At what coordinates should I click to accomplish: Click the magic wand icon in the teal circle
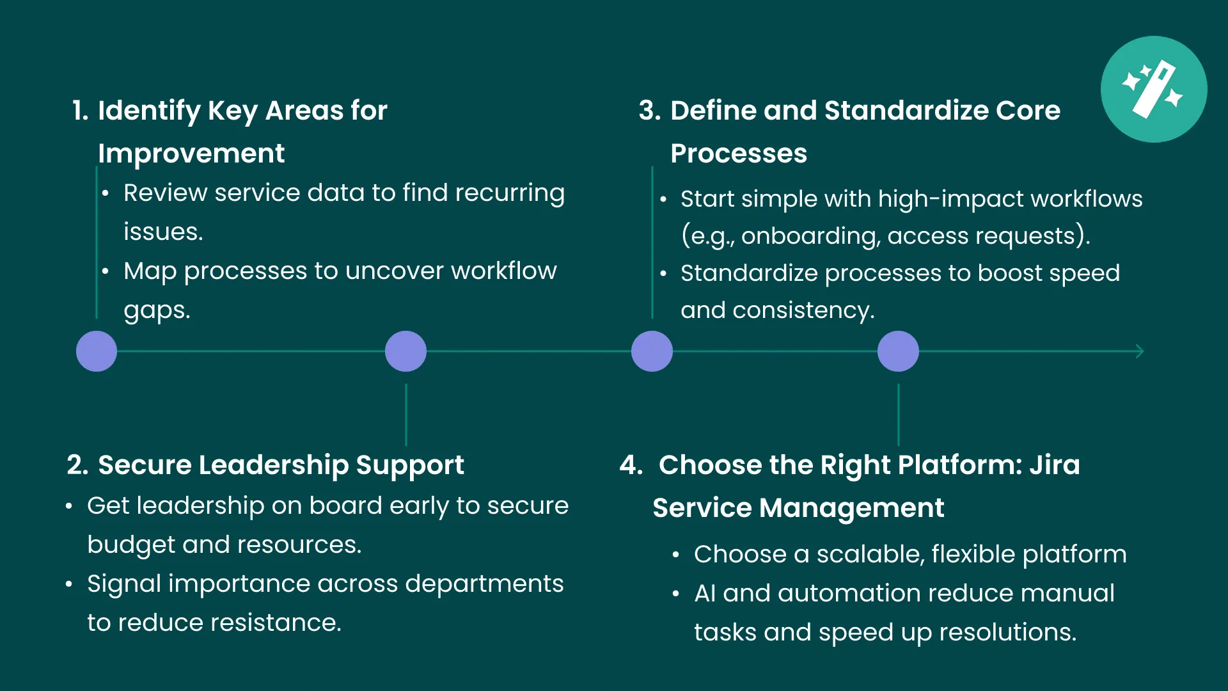pos(1154,90)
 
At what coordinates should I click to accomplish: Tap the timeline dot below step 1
pos(97,351)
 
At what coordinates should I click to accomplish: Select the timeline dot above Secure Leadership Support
pos(405,351)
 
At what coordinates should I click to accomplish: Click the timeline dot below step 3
pos(652,351)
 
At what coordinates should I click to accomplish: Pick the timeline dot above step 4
pos(898,351)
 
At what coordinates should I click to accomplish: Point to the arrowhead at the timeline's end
pos(1139,351)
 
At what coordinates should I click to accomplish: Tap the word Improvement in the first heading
pos(191,154)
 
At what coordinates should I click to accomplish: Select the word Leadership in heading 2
pos(273,465)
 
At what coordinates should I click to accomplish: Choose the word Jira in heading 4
pos(1054,465)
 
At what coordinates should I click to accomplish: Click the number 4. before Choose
pos(631,465)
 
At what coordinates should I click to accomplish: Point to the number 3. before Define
pos(649,111)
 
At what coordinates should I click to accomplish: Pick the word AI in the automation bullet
pos(705,594)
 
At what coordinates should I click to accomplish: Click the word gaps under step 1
pos(157,311)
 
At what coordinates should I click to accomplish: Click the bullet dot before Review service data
pos(106,193)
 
